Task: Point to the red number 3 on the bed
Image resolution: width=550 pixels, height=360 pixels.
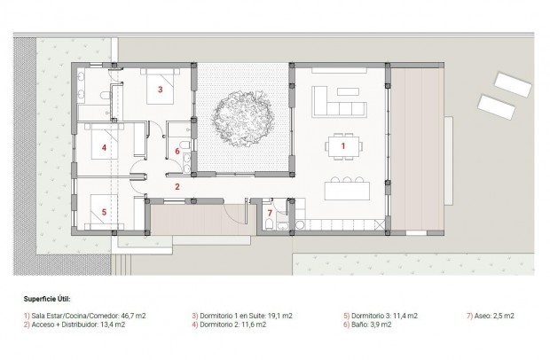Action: click(161, 90)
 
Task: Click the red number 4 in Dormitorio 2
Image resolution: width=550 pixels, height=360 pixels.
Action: click(104, 148)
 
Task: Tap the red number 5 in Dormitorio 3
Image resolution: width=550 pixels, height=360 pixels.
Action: click(104, 212)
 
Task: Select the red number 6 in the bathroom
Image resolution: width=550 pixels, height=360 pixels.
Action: click(177, 152)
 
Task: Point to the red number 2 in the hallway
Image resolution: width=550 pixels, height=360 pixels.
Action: click(177, 186)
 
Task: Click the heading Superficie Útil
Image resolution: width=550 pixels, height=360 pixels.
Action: click(48, 300)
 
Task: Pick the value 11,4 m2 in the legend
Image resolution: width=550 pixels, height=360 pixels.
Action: click(405, 316)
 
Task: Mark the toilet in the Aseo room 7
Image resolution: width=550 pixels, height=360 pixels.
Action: click(268, 227)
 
